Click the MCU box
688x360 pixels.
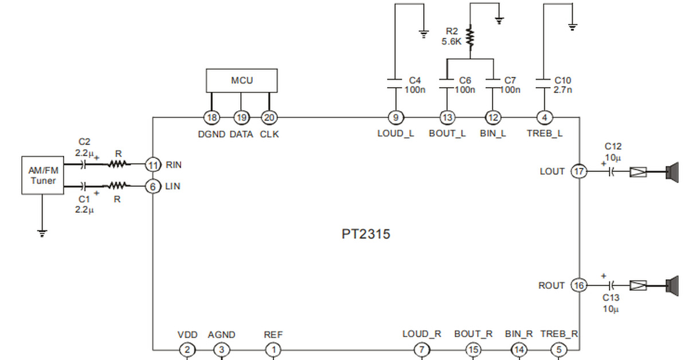click(241, 81)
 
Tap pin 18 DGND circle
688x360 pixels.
click(212, 118)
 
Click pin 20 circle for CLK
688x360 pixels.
click(269, 118)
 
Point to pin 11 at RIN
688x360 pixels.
click(153, 165)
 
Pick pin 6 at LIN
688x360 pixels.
click(153, 186)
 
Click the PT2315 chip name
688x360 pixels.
click(366, 234)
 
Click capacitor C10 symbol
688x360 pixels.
click(543, 84)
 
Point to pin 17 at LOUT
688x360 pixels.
click(578, 171)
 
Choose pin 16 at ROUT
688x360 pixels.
click(578, 285)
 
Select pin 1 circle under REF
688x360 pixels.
click(273, 349)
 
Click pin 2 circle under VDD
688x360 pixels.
click(187, 349)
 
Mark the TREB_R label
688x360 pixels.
click(559, 334)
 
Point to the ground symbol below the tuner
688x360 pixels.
click(42, 233)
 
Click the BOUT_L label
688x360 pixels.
click(447, 134)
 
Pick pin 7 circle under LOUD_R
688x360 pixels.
click(421, 349)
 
